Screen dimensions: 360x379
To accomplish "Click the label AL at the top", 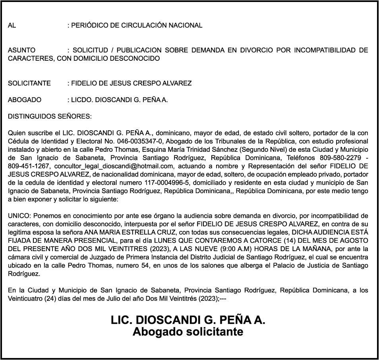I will pos(12,25).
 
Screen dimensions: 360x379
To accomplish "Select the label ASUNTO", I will pos(21,50).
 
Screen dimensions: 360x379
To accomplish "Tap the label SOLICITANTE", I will pos(29,83).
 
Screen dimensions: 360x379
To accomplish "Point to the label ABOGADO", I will pos(25,100).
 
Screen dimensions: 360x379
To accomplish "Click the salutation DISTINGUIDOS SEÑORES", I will pos(50,116).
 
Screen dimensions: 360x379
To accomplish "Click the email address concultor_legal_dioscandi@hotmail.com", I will pos(114,166).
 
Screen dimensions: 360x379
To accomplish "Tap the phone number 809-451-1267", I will pos(29,166).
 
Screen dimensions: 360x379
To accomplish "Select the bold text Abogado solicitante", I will pos(188,332).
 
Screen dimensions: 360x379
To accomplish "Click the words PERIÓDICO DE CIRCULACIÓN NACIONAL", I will pos(136,25).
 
